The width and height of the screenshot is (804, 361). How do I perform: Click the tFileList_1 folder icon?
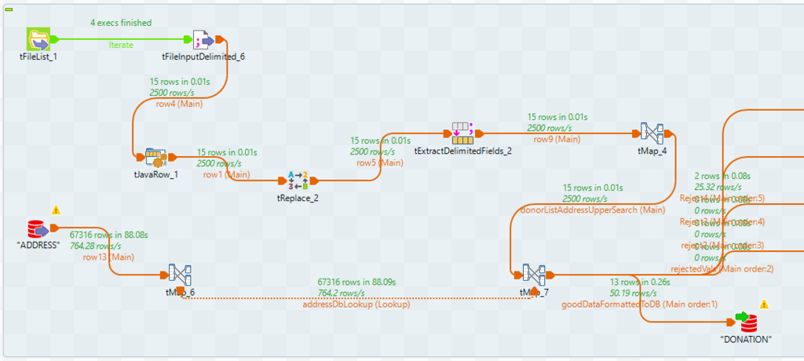pos(38,38)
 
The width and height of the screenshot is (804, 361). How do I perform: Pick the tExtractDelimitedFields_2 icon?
pos(462,133)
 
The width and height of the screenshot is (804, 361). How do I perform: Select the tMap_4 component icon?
pos(652,133)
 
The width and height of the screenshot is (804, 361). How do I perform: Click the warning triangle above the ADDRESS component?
pos(56,210)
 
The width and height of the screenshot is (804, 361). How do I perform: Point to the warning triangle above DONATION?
pos(764,304)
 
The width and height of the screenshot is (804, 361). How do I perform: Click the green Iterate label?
pos(121,45)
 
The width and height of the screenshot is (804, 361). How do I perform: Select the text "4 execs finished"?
pos(121,23)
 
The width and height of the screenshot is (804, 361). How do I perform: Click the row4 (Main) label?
pos(176,104)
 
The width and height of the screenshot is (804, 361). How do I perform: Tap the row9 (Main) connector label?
pos(557,139)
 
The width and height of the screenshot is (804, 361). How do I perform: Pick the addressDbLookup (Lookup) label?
pos(356,304)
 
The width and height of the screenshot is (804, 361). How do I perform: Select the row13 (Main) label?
pos(108,256)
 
